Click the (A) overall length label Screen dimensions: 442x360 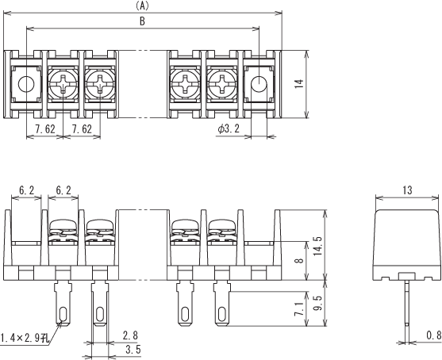pos(142,6)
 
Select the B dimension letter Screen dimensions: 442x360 pos(142,21)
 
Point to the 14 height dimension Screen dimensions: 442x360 pos(299,84)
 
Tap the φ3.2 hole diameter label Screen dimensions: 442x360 pos(229,128)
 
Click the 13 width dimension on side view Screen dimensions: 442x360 pos(407,190)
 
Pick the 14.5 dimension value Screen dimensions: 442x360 pos(318,246)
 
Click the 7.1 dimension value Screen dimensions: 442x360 pos(299,309)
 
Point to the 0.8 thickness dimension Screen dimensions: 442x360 pos(433,335)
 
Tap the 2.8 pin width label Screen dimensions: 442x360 pos(130,335)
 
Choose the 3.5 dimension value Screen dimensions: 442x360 pos(133,350)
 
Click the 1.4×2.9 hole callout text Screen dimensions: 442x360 pos(25,338)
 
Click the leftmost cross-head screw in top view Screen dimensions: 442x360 pos(63,84)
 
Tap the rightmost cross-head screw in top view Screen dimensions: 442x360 pos(222,84)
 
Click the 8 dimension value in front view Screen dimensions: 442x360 pos(300,261)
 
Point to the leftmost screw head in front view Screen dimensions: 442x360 pos(63,225)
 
